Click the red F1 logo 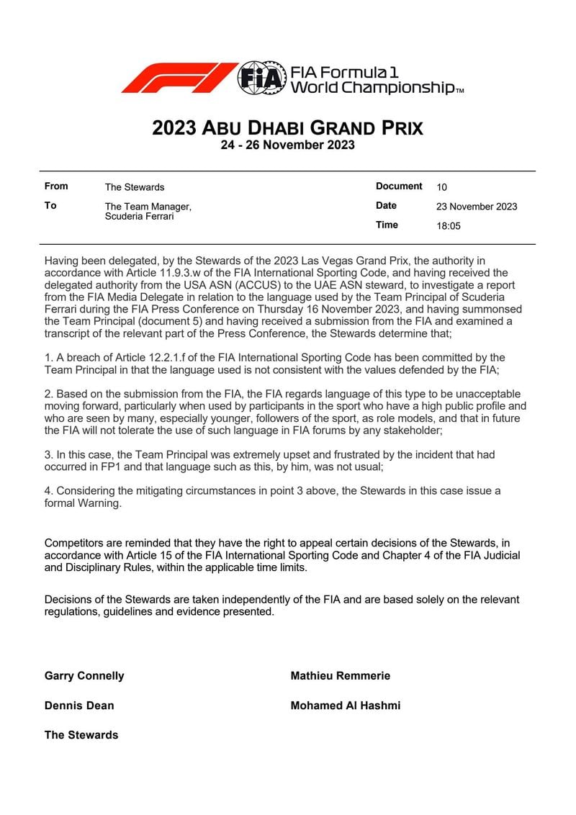click(x=180, y=78)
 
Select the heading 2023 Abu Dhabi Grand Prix click(x=287, y=128)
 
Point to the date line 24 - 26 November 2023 click(x=287, y=145)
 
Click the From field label click(x=56, y=186)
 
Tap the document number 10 click(x=441, y=187)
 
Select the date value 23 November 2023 click(x=477, y=207)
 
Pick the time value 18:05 click(x=448, y=226)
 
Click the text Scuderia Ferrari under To click(x=139, y=216)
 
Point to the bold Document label click(x=399, y=186)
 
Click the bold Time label click(x=387, y=225)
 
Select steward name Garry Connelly click(x=84, y=676)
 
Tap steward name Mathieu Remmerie click(x=341, y=676)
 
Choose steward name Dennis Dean click(x=79, y=706)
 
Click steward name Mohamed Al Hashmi click(x=346, y=706)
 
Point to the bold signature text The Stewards click(x=81, y=735)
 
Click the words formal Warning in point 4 click(x=83, y=504)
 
